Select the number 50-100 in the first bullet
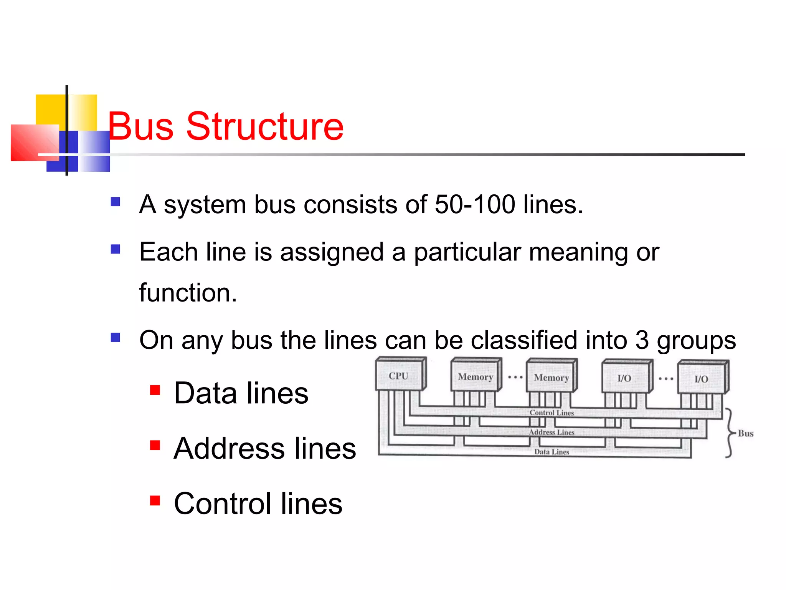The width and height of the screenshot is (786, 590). point(475,204)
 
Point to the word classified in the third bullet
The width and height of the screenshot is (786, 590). point(524,340)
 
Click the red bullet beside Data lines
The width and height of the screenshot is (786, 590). point(155,390)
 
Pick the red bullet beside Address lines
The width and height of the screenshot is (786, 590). point(155,445)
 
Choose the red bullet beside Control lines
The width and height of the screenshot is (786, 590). point(155,501)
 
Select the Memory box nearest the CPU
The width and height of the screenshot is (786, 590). point(476,376)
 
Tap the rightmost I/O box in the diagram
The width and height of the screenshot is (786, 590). point(702,378)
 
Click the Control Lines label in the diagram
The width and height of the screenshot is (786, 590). point(552,413)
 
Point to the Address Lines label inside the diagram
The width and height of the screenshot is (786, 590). point(552,433)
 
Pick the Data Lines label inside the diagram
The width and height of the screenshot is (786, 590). point(552,452)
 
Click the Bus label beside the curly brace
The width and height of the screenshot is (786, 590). point(745,434)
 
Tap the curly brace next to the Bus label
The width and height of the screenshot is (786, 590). point(729,433)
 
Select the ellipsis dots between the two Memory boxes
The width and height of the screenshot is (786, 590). point(515,377)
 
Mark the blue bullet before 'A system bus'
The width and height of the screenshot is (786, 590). point(115,202)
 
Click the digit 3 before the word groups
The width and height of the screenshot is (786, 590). point(642,340)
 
